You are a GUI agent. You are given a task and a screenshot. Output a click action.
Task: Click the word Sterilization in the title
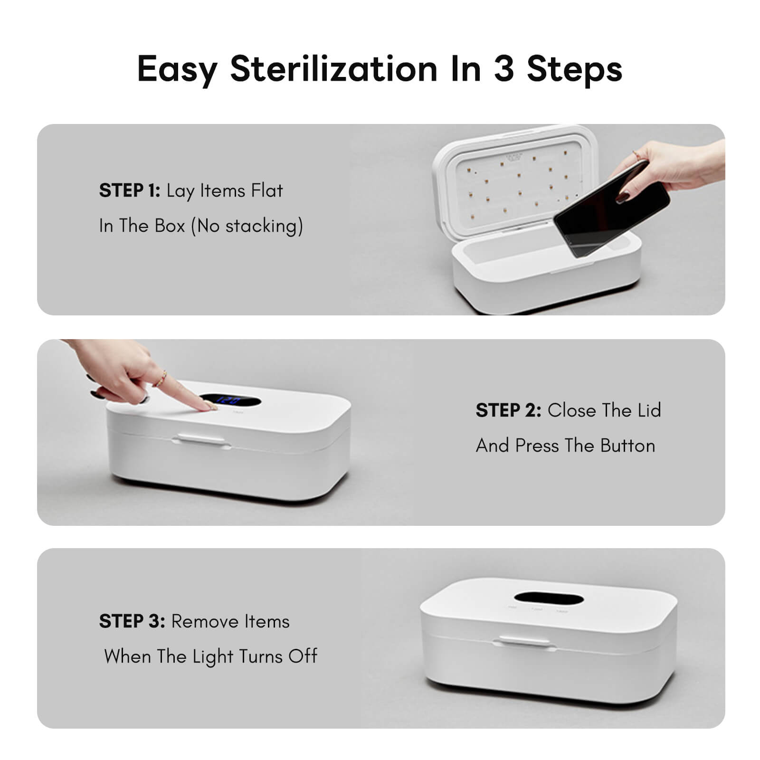pyautogui.click(x=333, y=69)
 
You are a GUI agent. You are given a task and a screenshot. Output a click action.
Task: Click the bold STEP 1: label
pyautogui.click(x=129, y=190)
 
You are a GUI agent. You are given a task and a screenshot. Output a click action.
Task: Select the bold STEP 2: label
pyautogui.click(x=508, y=410)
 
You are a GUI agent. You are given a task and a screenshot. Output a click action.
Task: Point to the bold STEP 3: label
pyautogui.click(x=132, y=621)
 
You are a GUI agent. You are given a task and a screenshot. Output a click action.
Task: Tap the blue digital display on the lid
pyautogui.click(x=229, y=400)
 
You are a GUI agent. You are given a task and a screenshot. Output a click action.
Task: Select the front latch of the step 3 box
pyautogui.click(x=524, y=641)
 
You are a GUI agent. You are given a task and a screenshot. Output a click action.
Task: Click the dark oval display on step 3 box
pyautogui.click(x=549, y=598)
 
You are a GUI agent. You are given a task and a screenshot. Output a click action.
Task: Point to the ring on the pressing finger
pyautogui.click(x=161, y=379)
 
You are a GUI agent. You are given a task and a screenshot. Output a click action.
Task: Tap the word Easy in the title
pyautogui.click(x=177, y=69)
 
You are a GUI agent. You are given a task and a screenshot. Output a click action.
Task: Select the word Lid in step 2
pyautogui.click(x=649, y=410)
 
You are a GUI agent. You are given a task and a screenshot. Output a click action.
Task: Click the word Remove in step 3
pyautogui.click(x=204, y=621)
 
